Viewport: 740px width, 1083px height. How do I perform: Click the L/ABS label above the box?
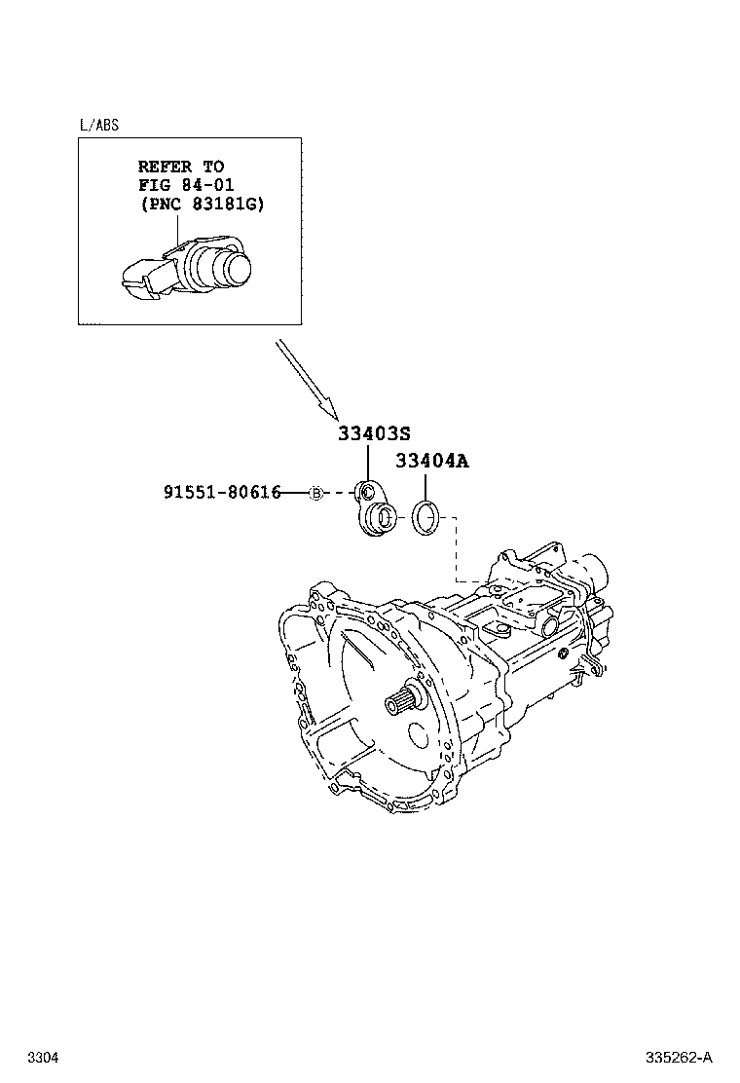[98, 125]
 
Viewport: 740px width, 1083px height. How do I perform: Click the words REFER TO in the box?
[181, 167]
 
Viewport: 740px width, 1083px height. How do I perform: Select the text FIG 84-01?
[186, 185]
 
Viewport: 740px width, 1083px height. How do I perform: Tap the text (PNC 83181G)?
[202, 204]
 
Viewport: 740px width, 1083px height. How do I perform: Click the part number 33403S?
[375, 434]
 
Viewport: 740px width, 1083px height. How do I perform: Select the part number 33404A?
[432, 461]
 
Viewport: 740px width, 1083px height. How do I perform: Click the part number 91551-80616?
[221, 494]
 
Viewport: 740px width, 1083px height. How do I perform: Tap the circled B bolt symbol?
[315, 494]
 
